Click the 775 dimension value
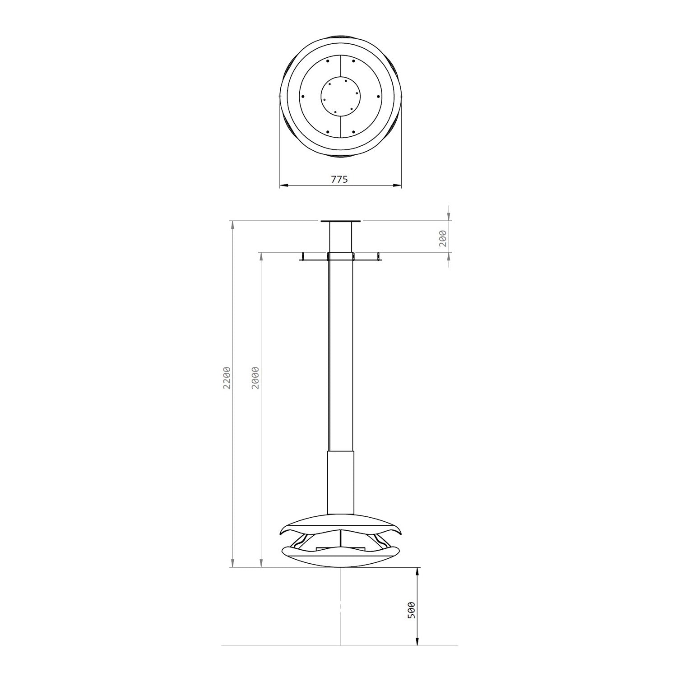coord(340,179)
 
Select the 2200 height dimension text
coord(227,377)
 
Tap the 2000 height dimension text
coord(256,377)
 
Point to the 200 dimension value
coord(443,238)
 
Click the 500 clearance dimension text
coord(411,610)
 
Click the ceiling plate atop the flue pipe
coord(341,221)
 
